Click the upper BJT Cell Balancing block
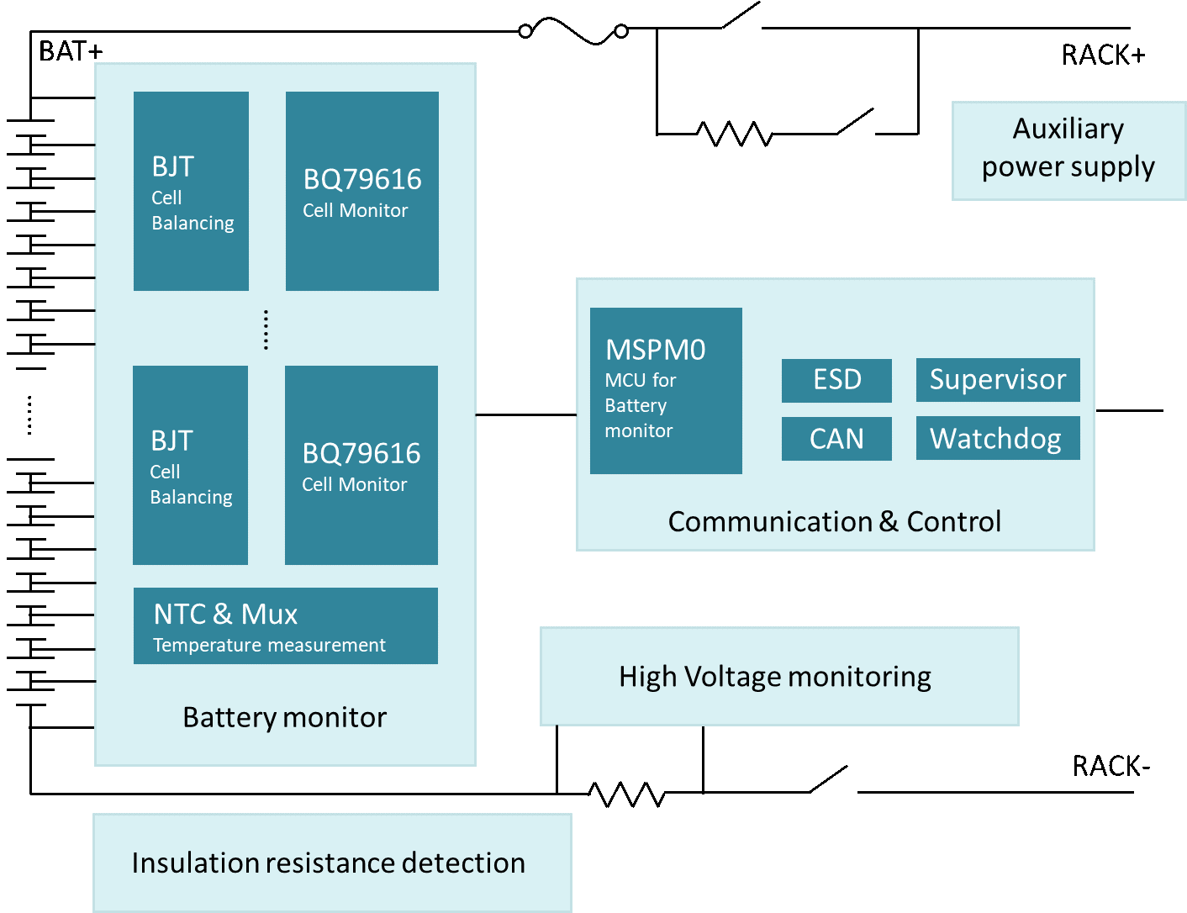191,191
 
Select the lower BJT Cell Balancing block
190,465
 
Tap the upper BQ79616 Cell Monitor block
361,191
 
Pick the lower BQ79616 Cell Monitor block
361,465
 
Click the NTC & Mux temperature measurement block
285,625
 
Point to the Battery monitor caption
284,717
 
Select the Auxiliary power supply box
1068,150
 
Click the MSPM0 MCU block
666,390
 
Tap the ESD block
836,380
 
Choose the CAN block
836,439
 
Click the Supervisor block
998,380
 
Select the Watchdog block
998,438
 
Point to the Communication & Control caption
834,521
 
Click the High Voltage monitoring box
778,676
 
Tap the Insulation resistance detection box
331,863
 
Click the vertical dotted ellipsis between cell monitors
266,330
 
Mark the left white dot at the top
525,31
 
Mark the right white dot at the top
621,31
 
